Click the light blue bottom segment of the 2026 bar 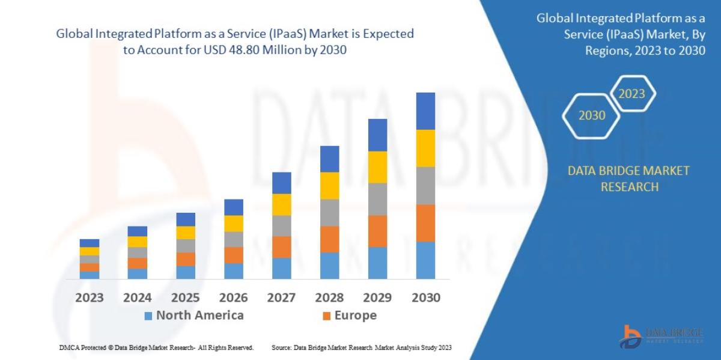tap(233, 271)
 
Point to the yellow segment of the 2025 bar tap(186, 233)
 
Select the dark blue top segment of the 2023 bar tap(90, 243)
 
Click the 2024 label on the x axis tap(137, 297)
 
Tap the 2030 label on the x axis tap(425, 297)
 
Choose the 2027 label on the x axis tap(281, 297)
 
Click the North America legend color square tap(148, 316)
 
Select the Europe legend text tap(355, 316)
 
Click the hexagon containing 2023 tap(631, 94)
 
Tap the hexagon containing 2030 tap(592, 115)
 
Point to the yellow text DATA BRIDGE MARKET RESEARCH tap(628, 178)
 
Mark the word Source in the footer tap(282, 347)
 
